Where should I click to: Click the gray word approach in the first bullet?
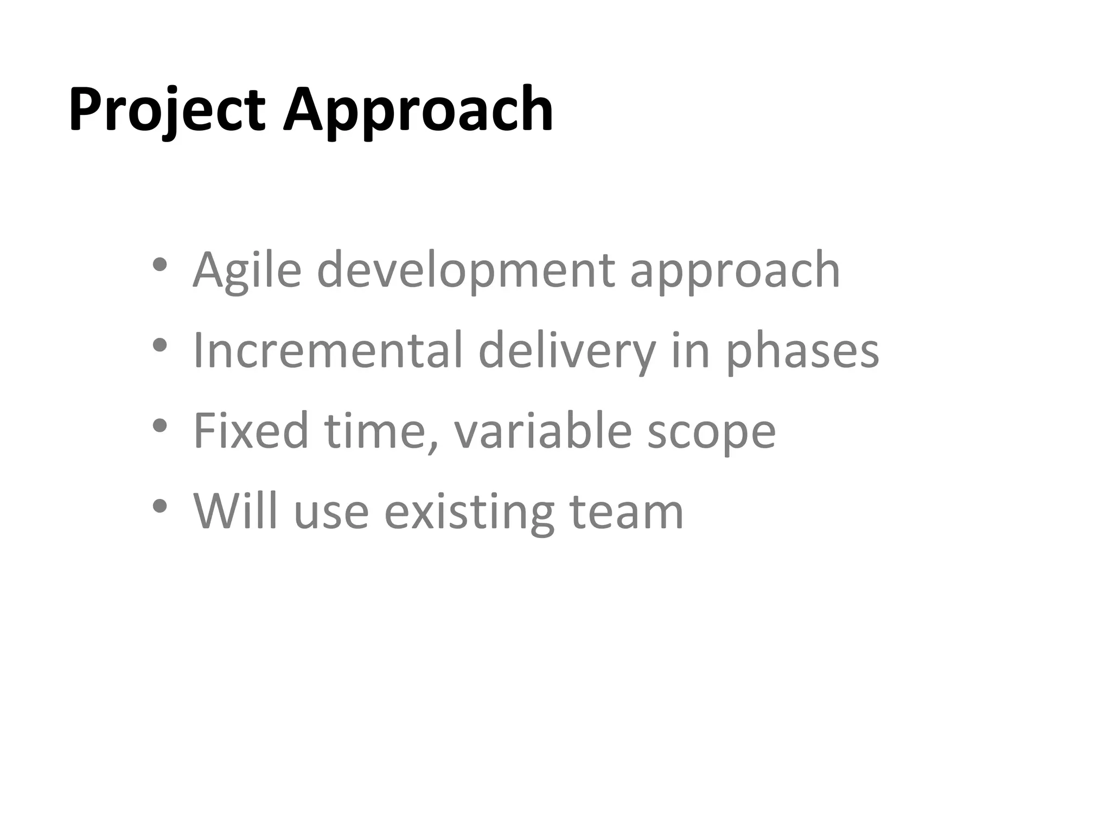[735, 271]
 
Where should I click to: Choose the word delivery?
[567, 351]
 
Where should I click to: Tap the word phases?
[802, 351]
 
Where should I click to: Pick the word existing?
[469, 512]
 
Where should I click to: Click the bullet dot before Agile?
[159, 265]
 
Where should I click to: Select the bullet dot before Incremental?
[159, 345]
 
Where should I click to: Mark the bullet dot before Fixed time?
[159, 426]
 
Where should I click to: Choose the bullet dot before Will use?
[159, 506]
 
